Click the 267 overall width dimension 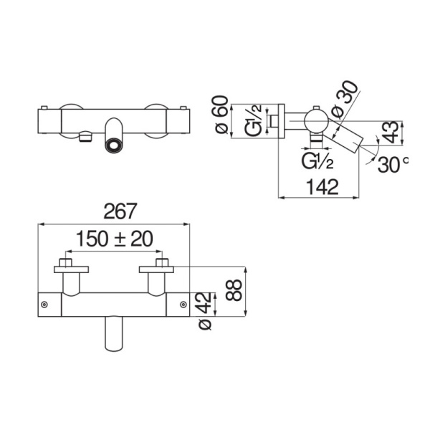click(x=120, y=211)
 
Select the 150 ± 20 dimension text click(x=114, y=239)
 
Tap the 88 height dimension click(x=234, y=290)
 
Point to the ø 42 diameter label click(x=204, y=311)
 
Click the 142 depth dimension click(x=322, y=187)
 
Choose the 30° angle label click(x=393, y=165)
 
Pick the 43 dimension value click(x=391, y=132)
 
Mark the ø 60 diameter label click(x=221, y=115)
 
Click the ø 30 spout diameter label click(x=345, y=100)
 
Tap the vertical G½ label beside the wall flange click(x=254, y=120)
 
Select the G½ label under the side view click(x=317, y=161)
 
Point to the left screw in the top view click(x=44, y=305)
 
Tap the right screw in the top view click(x=183, y=305)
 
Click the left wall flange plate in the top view click(x=71, y=269)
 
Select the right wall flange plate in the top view click(x=156, y=269)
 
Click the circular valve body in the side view click(x=317, y=120)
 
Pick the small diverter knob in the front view click(x=85, y=137)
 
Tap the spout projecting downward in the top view click(x=114, y=333)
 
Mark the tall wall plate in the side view click(x=282, y=121)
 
